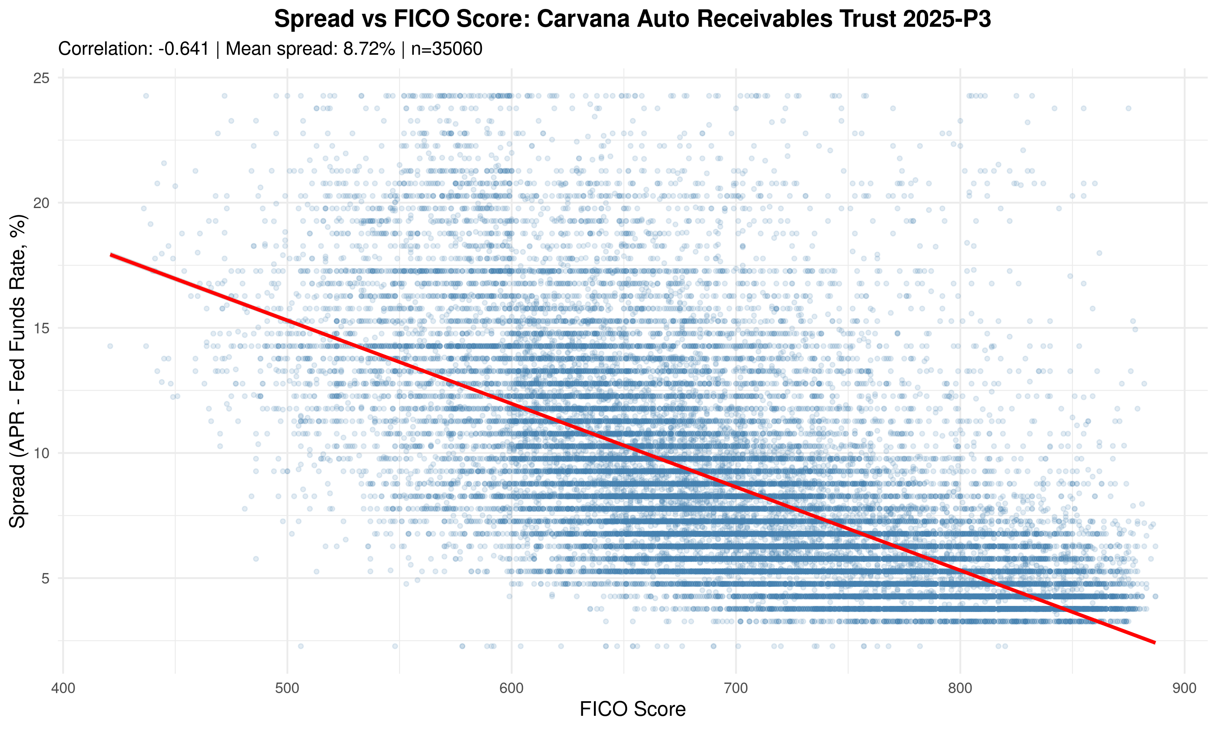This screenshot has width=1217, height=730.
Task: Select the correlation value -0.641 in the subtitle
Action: [x=183, y=49]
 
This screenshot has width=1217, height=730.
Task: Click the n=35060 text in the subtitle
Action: [x=447, y=49]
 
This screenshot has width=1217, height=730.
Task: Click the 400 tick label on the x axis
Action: [x=63, y=687]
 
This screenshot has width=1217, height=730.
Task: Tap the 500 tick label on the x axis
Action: [x=287, y=687]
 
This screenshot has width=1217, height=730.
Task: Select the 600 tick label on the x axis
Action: [x=512, y=687]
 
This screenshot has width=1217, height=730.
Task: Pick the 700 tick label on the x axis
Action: [x=736, y=687]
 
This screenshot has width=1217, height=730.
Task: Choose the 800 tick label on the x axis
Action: [x=960, y=687]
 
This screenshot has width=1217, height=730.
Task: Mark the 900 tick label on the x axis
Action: [x=1185, y=687]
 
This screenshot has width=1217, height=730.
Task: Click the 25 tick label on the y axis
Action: [x=42, y=78]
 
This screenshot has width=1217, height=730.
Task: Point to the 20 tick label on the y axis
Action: [x=42, y=203]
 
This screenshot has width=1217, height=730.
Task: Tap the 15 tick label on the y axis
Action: [x=42, y=328]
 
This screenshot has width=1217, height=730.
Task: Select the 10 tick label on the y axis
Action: [x=42, y=453]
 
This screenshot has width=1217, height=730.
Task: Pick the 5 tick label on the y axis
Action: [x=46, y=578]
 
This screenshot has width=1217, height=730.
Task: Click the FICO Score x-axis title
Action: [x=632, y=709]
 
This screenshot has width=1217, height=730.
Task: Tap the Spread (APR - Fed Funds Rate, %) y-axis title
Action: [x=18, y=371]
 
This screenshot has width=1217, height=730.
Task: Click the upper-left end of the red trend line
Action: [x=111, y=255]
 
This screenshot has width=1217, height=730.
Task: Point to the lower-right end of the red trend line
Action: [x=1155, y=642]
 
